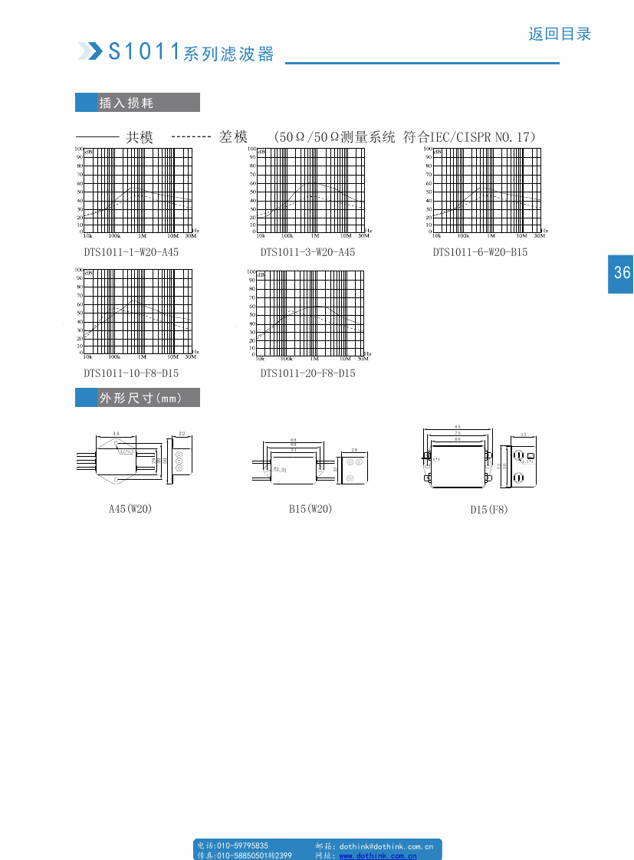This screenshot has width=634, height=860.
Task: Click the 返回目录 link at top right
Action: (x=560, y=34)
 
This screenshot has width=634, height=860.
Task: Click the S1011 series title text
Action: (x=191, y=52)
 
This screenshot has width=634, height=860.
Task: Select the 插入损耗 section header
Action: (x=126, y=103)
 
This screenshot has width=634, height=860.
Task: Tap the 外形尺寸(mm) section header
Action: (x=140, y=399)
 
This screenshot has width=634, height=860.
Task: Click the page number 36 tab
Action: (x=621, y=273)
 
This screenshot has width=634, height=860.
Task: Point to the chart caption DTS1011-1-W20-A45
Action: (x=131, y=252)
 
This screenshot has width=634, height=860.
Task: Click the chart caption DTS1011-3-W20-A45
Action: (x=307, y=252)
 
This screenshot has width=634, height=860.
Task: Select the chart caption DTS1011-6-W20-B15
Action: (x=480, y=252)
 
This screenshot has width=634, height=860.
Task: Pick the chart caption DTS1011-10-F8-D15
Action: (x=131, y=373)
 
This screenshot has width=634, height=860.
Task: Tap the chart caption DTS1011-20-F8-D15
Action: (x=307, y=373)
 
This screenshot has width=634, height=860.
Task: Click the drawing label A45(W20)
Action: (x=130, y=509)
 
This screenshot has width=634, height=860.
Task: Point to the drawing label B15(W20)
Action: (x=310, y=509)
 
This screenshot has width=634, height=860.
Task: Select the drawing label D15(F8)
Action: (x=489, y=510)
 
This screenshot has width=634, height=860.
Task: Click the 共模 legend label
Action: (x=140, y=137)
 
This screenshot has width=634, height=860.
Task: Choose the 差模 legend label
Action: (x=233, y=137)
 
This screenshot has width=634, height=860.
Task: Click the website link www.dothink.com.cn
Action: (x=378, y=855)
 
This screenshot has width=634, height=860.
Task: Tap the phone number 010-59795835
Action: (x=243, y=845)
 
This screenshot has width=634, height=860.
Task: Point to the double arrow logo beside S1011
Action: (x=90, y=51)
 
